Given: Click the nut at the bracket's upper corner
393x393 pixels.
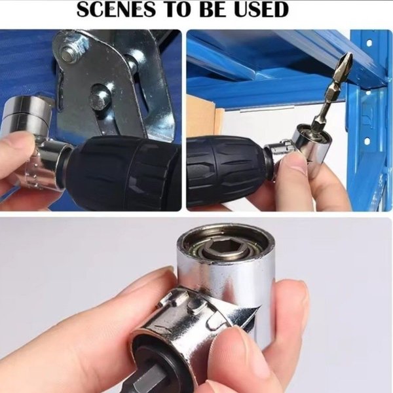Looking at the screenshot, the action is pyautogui.click(x=69, y=53).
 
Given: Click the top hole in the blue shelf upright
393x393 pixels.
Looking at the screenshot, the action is pyautogui.click(x=369, y=43).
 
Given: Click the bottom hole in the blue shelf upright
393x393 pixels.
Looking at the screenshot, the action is pyautogui.click(x=367, y=141).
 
